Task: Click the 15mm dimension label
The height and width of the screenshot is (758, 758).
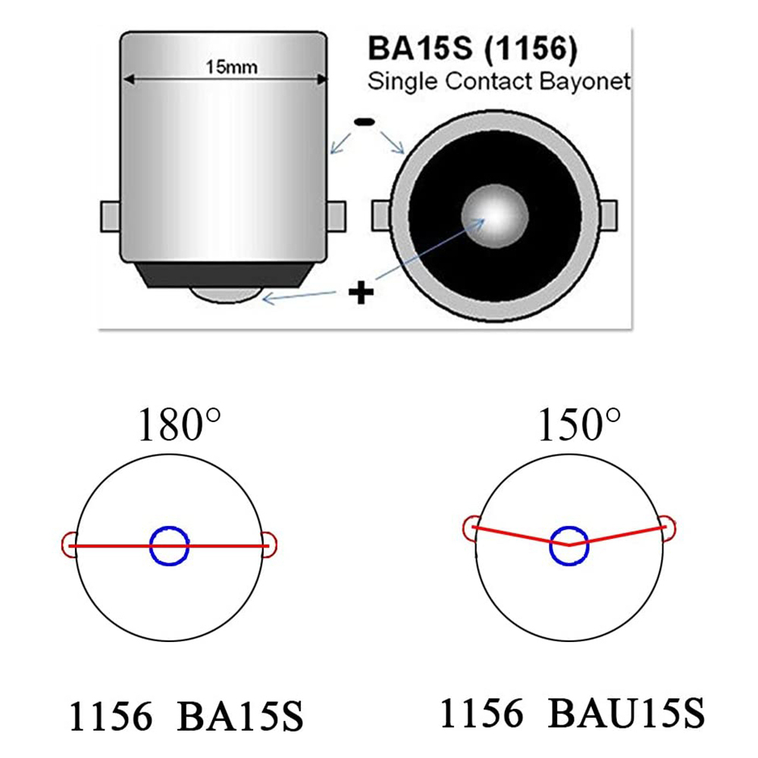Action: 231,67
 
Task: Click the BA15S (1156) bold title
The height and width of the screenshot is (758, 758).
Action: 473,49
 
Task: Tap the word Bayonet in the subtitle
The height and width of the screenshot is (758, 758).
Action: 585,82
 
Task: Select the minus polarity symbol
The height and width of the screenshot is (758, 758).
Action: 365,122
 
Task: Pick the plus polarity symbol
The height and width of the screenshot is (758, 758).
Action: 361,292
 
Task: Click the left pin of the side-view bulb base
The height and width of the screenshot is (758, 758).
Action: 110,217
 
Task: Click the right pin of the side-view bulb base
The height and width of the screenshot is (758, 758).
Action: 337,217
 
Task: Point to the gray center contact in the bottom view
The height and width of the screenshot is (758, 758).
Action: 494,215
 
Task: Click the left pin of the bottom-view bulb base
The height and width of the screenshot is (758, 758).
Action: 381,215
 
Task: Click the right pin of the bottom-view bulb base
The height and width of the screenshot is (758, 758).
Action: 608,215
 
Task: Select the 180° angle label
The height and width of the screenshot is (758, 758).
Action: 180,424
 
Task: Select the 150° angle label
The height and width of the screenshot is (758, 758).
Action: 579,424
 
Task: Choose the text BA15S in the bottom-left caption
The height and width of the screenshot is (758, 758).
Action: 240,716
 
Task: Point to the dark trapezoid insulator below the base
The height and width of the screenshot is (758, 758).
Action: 224,275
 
